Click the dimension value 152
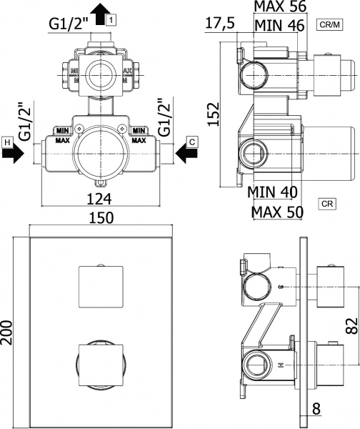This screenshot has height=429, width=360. tap(214, 114)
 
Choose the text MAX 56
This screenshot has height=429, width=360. tap(281, 7)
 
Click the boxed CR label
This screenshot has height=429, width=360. tap(326, 204)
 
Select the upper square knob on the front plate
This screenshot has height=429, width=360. tap(101, 285)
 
